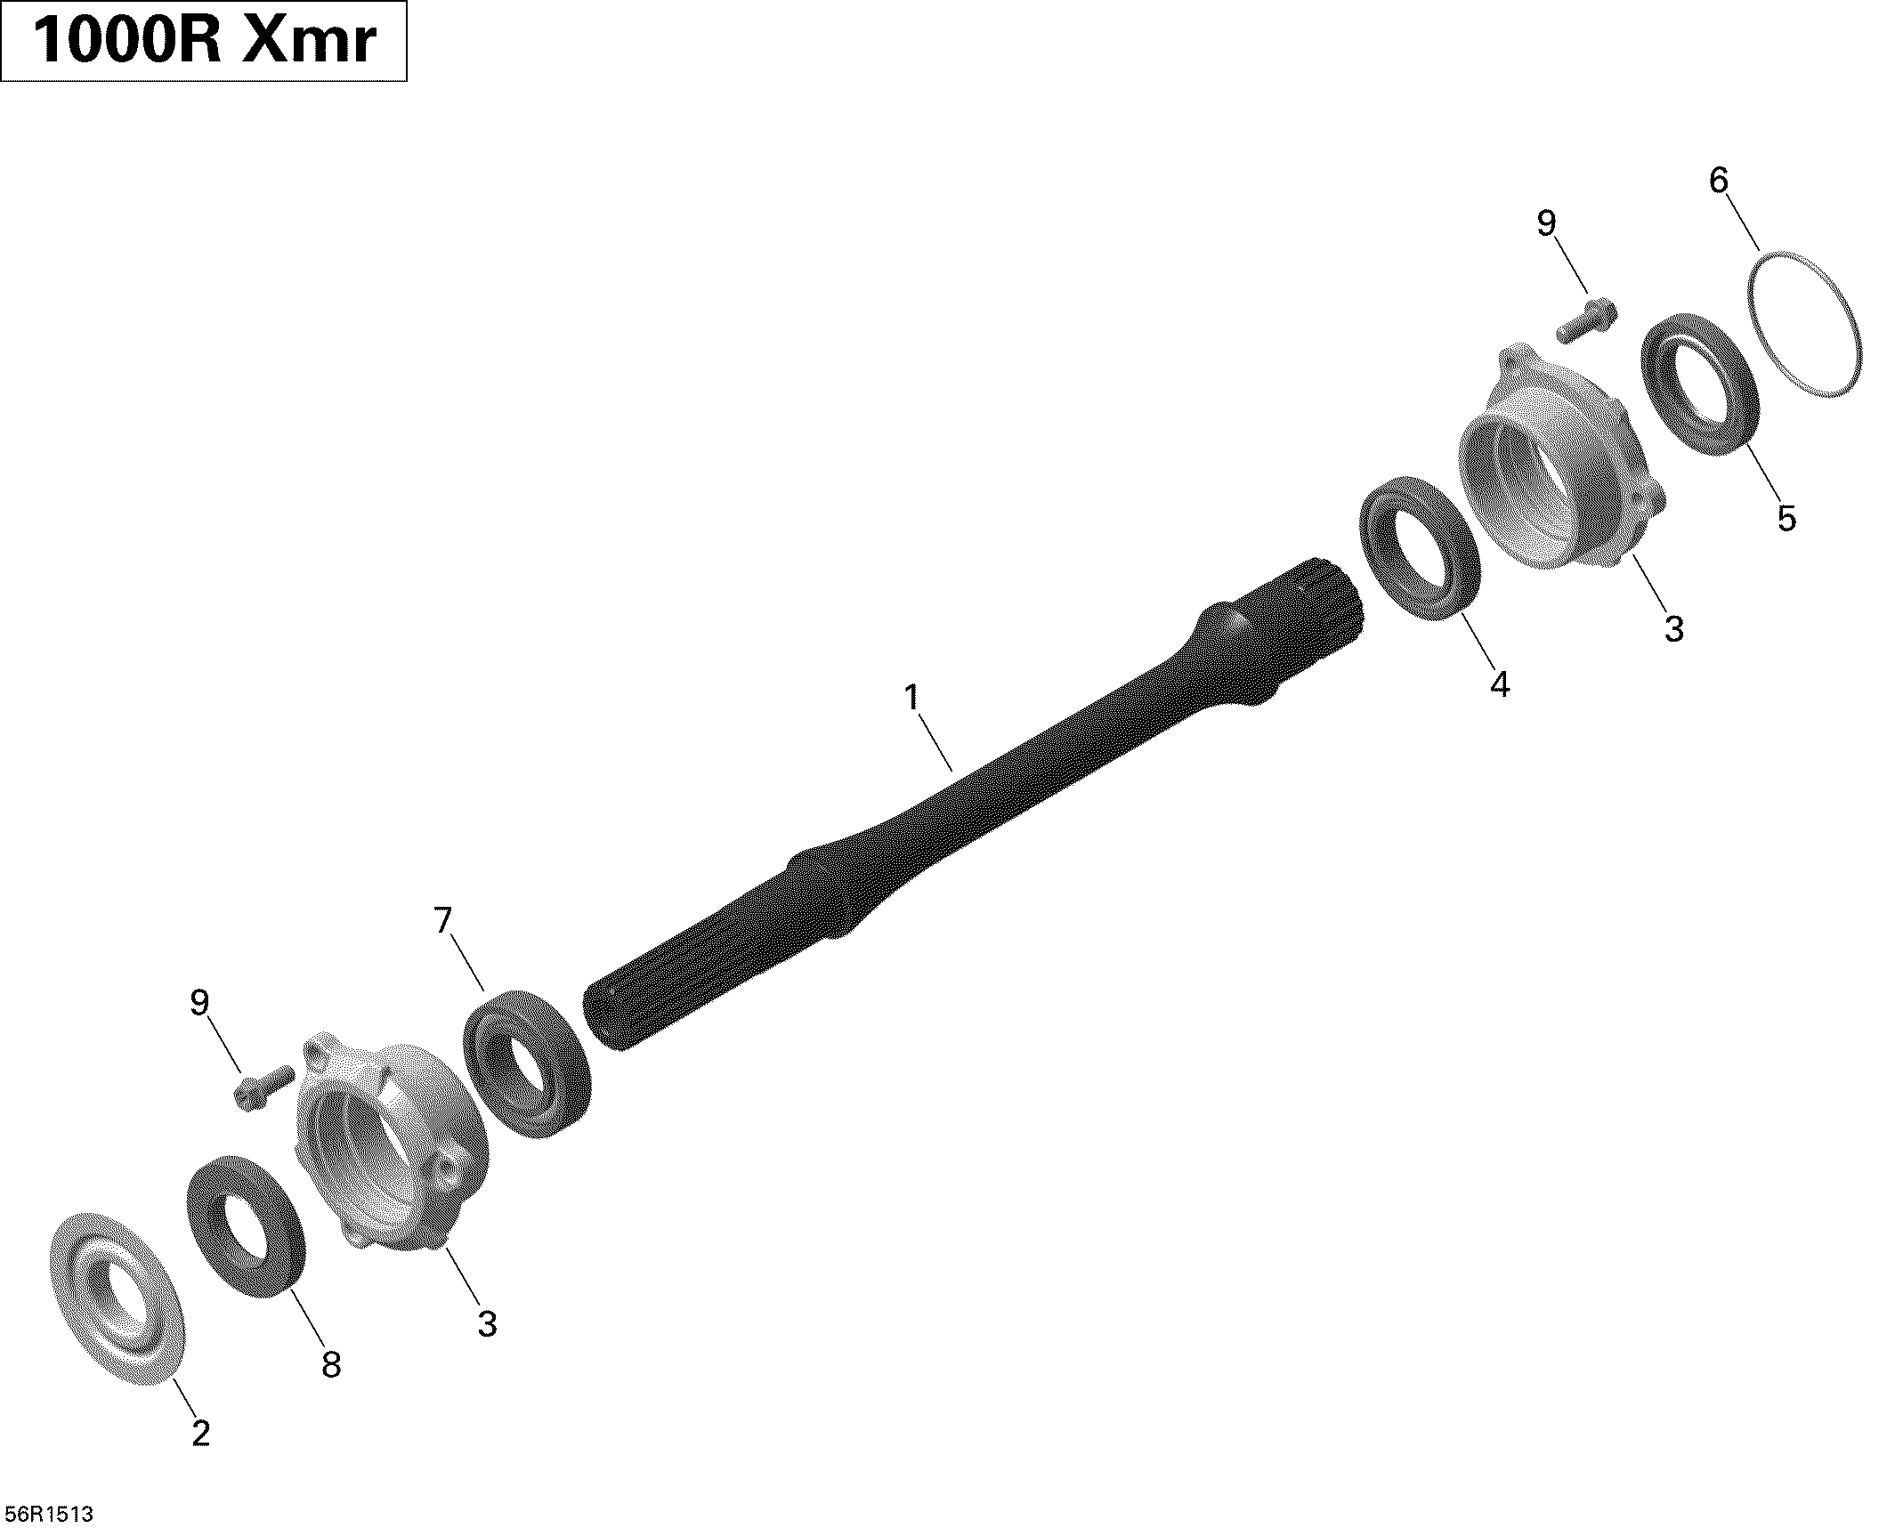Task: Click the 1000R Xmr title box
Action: [204, 42]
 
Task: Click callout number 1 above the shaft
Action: [911, 698]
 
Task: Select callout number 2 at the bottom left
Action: [201, 1434]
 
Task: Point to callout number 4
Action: [1500, 684]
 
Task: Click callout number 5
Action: [1786, 518]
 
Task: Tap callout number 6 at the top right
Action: [1719, 182]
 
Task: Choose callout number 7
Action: [443, 921]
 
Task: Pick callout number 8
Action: [331, 1364]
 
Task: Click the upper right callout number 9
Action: [1547, 224]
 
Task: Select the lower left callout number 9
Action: [199, 1003]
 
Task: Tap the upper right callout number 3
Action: [1674, 629]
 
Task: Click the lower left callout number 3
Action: [486, 1324]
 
